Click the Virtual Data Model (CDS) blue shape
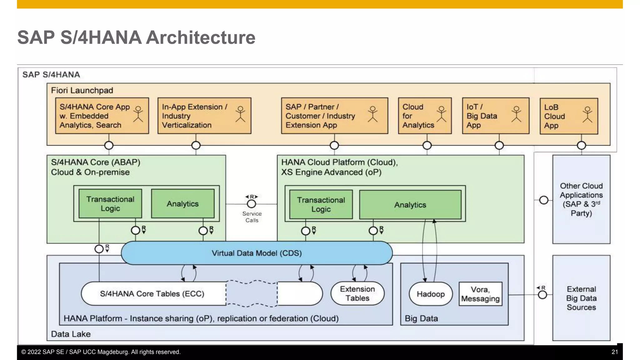257,253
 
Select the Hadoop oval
431,294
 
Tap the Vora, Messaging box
480,294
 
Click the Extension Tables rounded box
357,293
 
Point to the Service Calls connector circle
252,204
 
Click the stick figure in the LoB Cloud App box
587,114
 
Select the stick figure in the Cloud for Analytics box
441,114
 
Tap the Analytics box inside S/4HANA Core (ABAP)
182,204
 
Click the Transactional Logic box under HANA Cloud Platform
321,204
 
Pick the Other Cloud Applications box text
581,199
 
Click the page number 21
614,352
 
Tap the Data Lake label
71,334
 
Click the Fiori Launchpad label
82,90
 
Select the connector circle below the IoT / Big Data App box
499,145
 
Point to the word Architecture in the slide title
201,37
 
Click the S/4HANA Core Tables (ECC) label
152,294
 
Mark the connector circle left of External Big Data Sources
542,295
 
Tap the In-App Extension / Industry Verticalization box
204,116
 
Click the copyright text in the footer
101,352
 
